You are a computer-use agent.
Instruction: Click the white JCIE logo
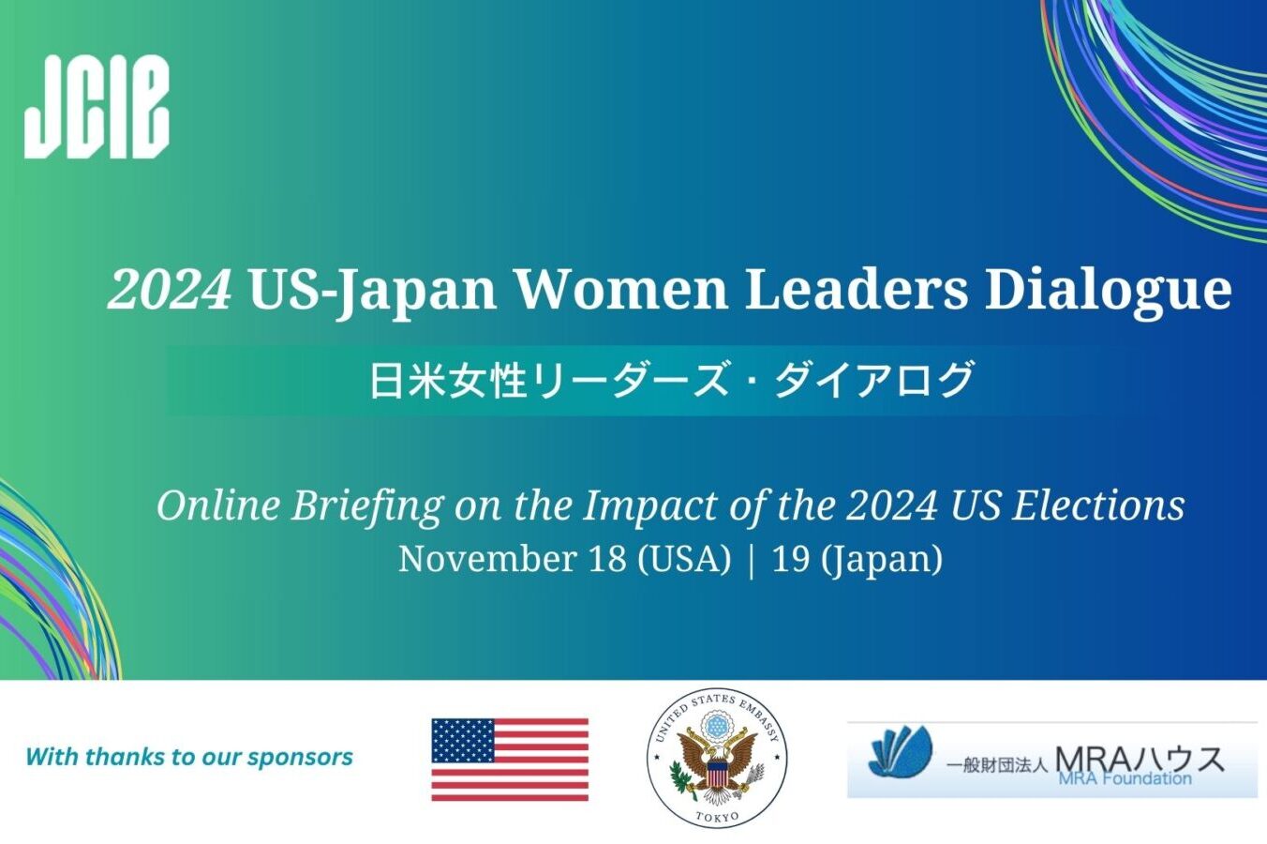(97, 106)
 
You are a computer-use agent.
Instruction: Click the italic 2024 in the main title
(170, 289)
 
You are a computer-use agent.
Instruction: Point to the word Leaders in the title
(856, 289)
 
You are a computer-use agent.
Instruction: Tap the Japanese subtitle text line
(671, 381)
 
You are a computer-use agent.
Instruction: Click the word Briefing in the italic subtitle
(366, 506)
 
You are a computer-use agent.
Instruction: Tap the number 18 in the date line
(607, 559)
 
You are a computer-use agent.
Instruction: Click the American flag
(510, 760)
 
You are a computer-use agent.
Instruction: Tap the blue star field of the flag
(463, 740)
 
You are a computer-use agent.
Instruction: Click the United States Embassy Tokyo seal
(717, 759)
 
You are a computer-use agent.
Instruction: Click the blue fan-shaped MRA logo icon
(900, 750)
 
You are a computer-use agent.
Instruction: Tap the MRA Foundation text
(1125, 778)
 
